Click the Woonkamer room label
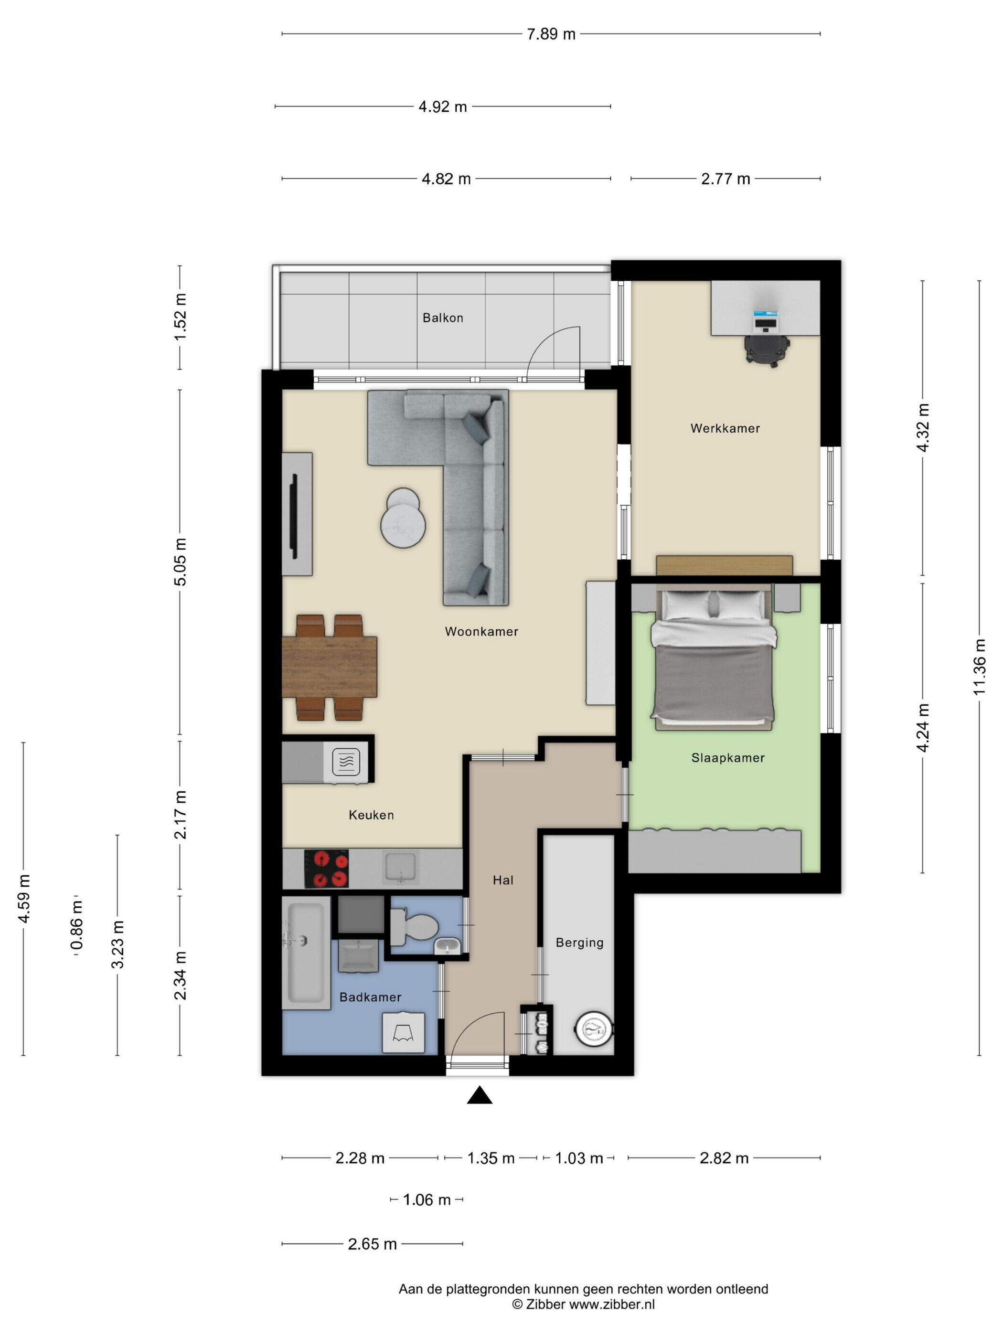pos(481,631)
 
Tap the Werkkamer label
pos(725,428)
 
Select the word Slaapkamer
pos(728,757)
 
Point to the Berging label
pos(579,942)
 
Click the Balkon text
pos(443,318)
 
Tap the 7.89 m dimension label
pos(551,34)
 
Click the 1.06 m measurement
pos(427,1200)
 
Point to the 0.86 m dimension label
pos(76,925)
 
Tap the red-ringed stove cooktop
pos(327,869)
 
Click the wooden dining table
pos(330,667)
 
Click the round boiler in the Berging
pos(593,1028)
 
